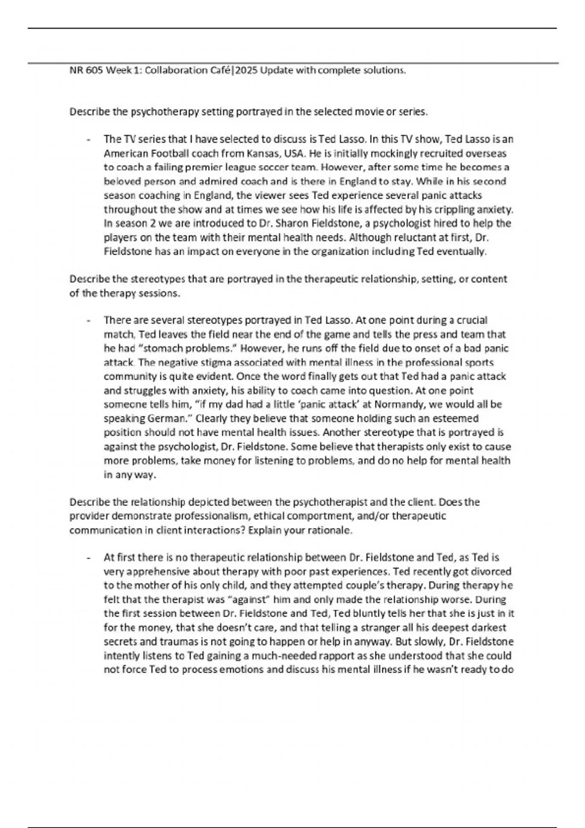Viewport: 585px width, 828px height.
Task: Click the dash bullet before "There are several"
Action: click(88, 321)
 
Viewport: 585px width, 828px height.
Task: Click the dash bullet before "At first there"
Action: click(88, 558)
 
